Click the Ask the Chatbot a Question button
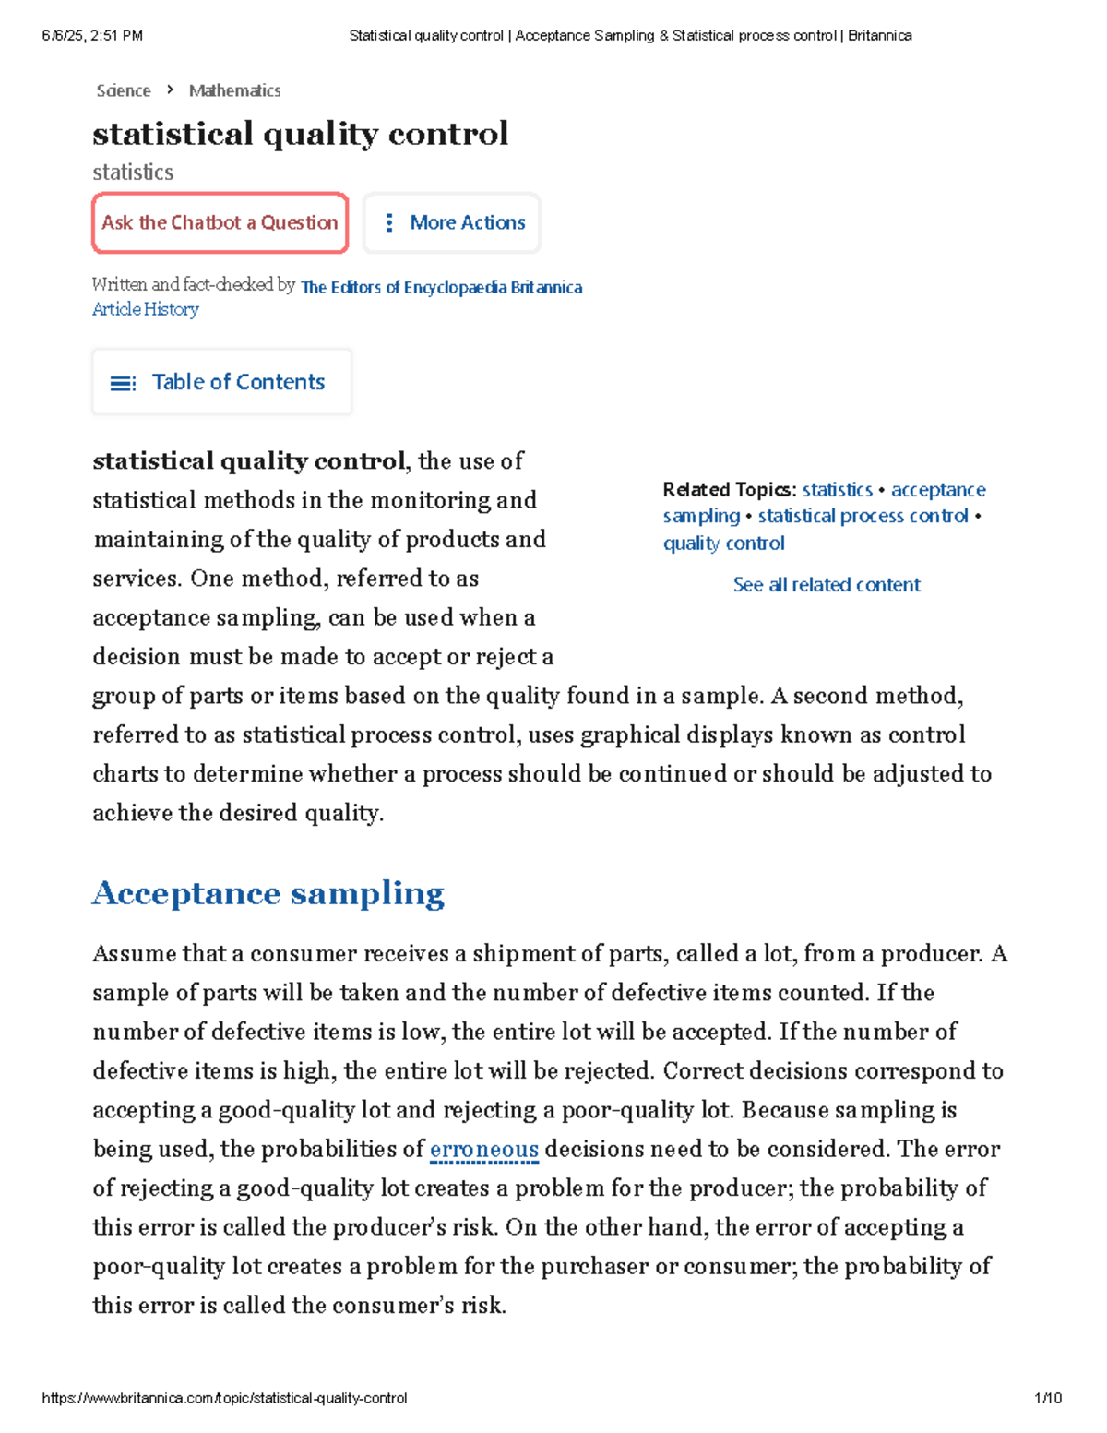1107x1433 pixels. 220,222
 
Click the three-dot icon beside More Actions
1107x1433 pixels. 389,222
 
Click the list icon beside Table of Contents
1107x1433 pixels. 123,383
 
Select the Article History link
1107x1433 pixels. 145,309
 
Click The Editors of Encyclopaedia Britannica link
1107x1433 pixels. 441,287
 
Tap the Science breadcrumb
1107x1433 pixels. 123,90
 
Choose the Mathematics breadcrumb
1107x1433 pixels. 234,90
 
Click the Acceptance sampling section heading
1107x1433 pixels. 268,893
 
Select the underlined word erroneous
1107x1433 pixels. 483,1150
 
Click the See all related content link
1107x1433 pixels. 826,584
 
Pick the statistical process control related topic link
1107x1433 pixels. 863,516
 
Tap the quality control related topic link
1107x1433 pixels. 723,543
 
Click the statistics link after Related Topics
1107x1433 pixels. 837,489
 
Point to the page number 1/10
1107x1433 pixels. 1047,1398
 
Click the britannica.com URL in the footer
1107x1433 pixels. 224,1398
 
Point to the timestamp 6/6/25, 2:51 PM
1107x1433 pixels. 92,36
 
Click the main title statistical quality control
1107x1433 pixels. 300,134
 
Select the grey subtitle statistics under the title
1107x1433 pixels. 133,173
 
